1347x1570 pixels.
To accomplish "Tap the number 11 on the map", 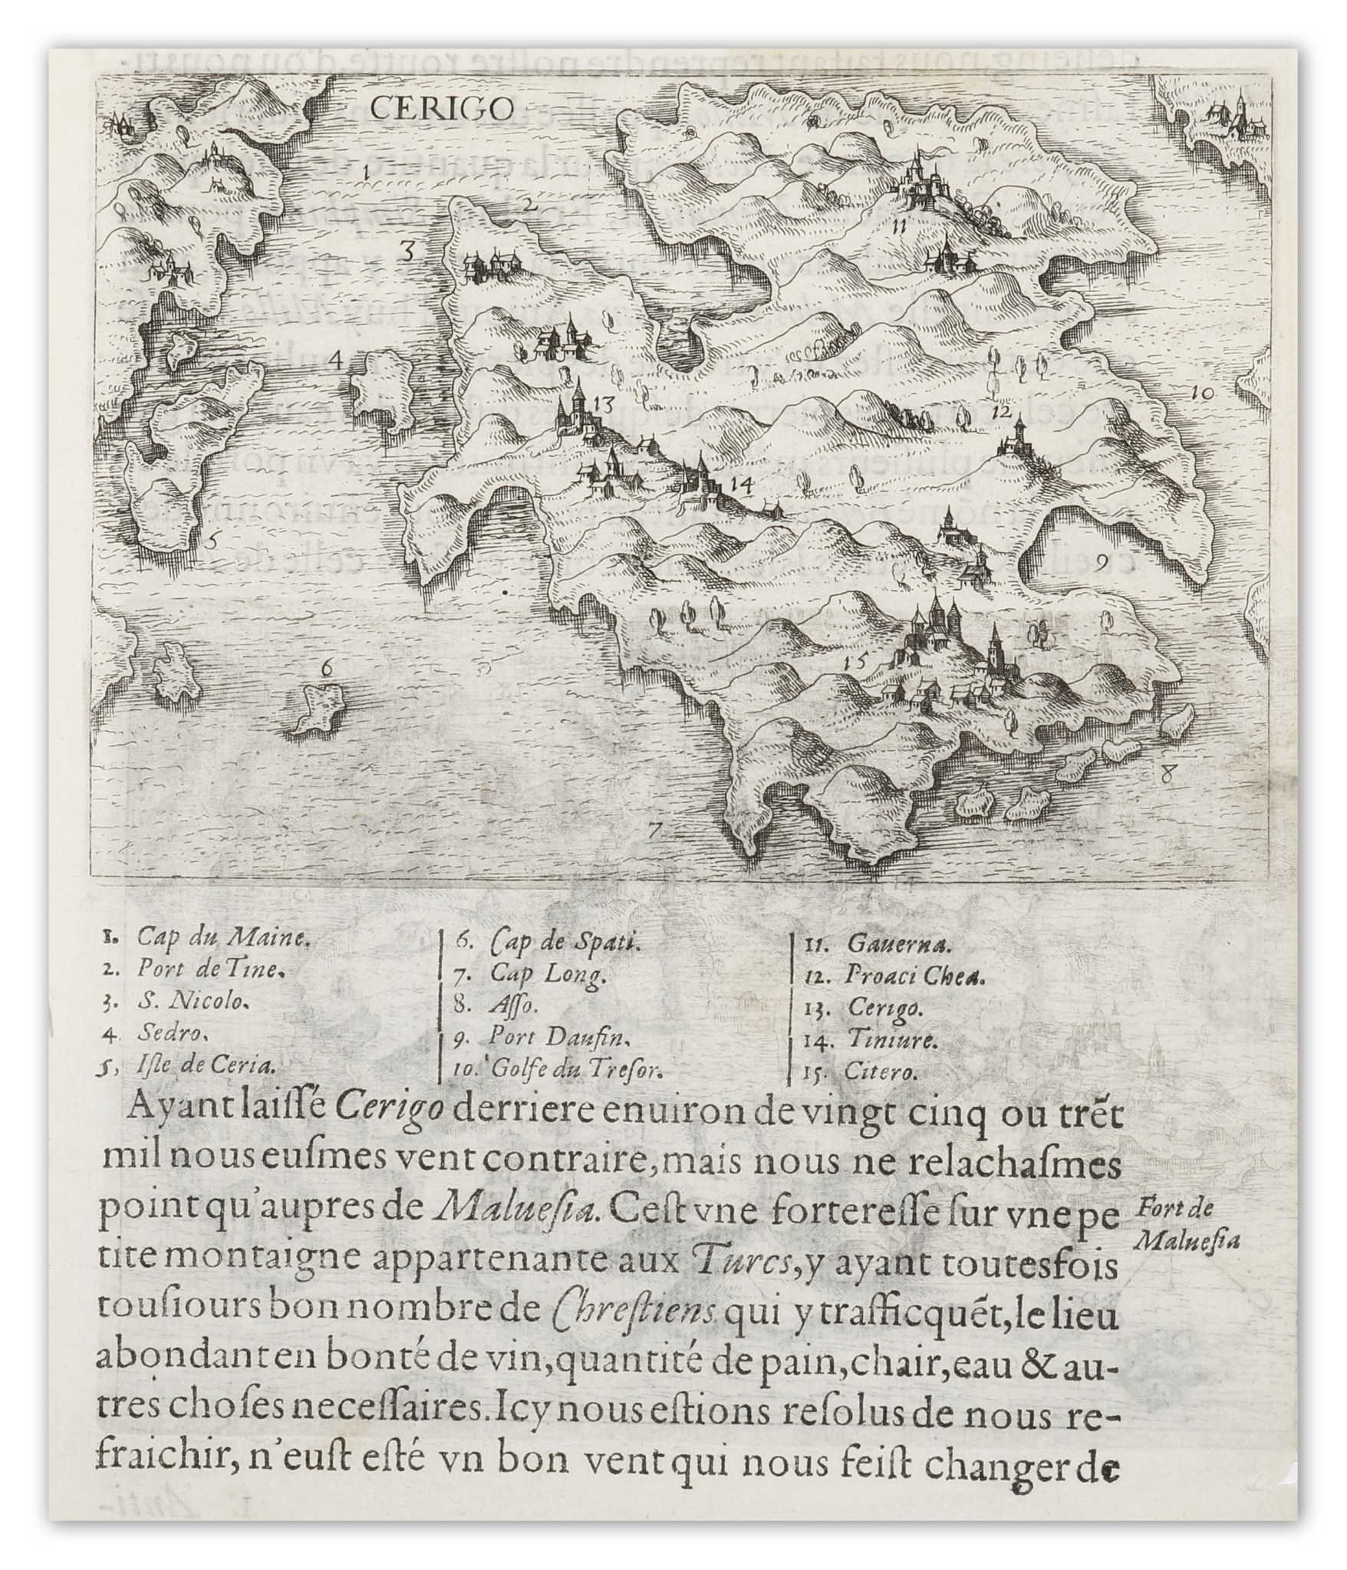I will [899, 225].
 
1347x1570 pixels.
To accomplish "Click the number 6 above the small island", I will [327, 669].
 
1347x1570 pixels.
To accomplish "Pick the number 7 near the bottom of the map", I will [654, 829].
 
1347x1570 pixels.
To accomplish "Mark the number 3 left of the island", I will [408, 250].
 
